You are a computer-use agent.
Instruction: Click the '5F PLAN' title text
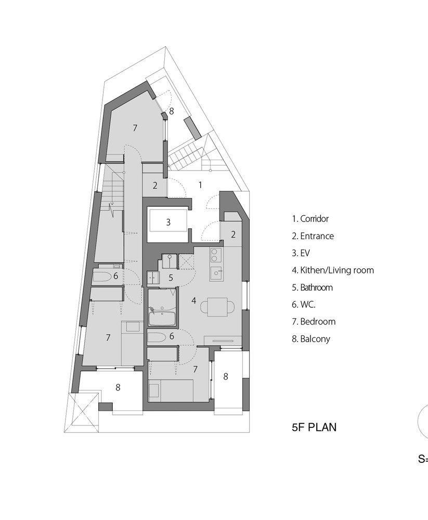314,427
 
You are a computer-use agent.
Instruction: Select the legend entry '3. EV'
301,253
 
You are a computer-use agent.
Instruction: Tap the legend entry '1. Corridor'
310,219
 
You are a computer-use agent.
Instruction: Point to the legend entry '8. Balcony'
311,339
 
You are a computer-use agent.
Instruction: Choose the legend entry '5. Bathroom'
312,288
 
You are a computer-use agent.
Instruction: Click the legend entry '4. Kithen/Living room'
333,270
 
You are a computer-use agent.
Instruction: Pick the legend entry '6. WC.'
304,304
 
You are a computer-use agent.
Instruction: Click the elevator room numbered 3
168,222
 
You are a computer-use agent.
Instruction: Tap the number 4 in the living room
194,301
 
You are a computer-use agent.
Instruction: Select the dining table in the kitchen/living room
217,307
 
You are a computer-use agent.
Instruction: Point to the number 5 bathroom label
171,278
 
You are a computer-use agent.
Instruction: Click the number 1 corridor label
200,185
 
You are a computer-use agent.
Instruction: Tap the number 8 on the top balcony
171,111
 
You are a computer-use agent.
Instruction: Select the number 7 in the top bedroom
135,128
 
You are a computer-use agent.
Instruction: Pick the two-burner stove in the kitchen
214,255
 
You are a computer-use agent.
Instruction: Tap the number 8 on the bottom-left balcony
118,387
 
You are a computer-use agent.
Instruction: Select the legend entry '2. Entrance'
313,236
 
